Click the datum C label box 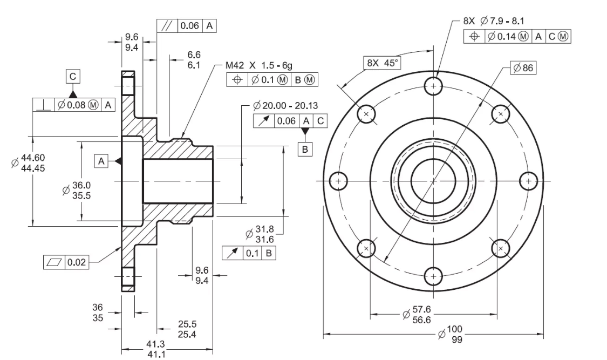point(72,77)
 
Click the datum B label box point(305,148)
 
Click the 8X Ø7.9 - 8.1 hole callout point(493,22)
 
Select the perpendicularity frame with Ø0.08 point(74,105)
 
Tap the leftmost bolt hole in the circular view point(338,180)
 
